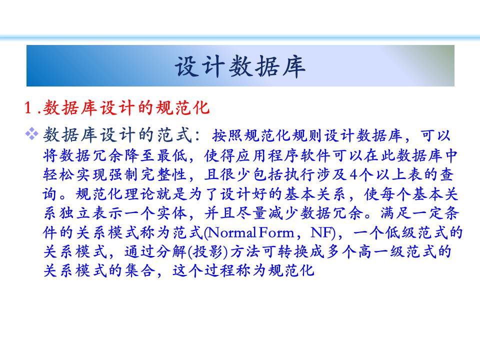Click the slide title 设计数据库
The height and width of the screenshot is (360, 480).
click(240, 66)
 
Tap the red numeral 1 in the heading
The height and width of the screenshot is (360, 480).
click(28, 108)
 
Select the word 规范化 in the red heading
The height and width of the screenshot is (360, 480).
click(183, 108)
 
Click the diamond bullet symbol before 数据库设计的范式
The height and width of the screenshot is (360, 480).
click(31, 134)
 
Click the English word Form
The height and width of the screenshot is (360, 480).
click(276, 233)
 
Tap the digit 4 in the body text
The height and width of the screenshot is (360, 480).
click(353, 175)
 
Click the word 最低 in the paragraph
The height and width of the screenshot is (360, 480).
click(172, 156)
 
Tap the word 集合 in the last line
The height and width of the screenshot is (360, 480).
click(140, 271)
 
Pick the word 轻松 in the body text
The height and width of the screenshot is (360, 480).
click(58, 175)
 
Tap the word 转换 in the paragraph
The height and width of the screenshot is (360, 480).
click(293, 252)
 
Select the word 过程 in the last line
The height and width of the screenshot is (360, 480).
click(220, 271)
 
